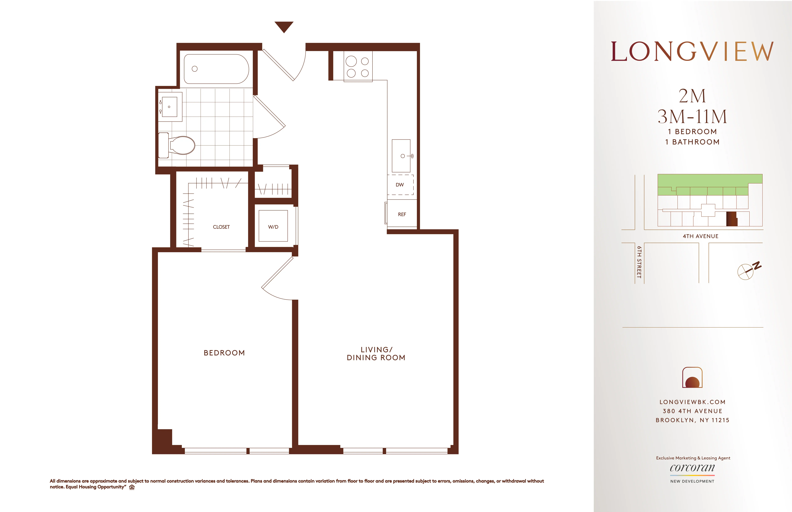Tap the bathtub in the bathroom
(x=216, y=69)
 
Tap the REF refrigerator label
(x=402, y=215)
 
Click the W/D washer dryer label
(x=273, y=227)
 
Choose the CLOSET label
(x=221, y=227)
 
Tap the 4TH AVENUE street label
(x=701, y=236)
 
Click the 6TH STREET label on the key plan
(x=639, y=262)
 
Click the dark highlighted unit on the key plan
(x=731, y=219)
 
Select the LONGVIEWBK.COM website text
(x=692, y=402)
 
